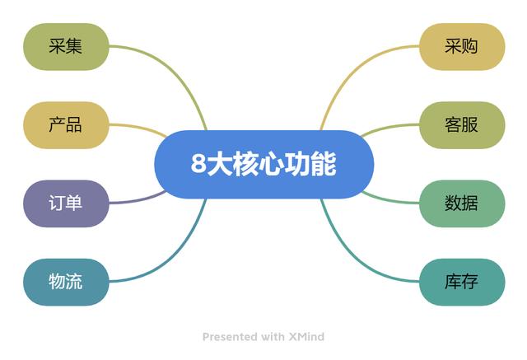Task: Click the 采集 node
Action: click(66, 47)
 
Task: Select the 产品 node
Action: click(66, 125)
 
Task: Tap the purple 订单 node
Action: click(66, 203)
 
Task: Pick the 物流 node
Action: click(66, 282)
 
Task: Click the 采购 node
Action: click(462, 47)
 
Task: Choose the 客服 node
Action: click(462, 125)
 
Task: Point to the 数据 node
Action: click(462, 203)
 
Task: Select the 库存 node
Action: click(462, 282)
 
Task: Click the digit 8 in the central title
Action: click(198, 164)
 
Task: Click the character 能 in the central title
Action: click(324, 164)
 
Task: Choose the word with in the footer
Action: click(273, 336)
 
